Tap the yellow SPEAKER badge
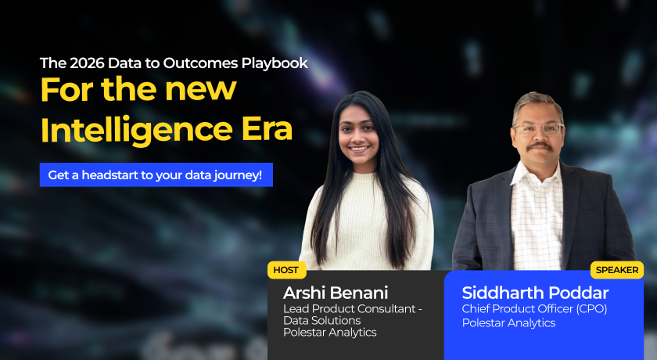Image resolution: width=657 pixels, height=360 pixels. click(617, 270)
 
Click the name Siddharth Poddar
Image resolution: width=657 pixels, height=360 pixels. click(535, 293)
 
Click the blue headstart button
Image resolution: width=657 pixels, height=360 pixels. click(156, 175)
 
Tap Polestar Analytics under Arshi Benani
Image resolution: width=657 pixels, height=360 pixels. click(329, 333)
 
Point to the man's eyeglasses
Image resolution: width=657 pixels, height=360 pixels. click(537, 128)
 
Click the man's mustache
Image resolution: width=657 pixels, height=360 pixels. click(539, 146)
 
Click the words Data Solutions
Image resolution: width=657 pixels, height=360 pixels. click(322, 321)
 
